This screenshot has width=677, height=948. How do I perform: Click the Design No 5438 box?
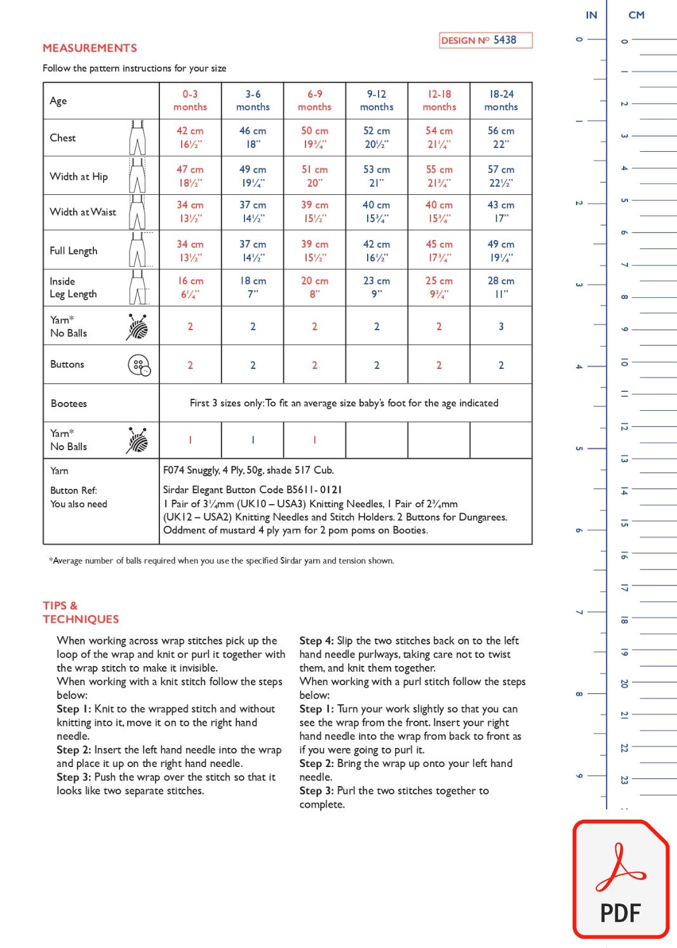tap(486, 40)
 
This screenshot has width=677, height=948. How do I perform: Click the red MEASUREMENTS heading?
tap(90, 48)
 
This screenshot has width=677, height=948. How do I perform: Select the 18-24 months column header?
tap(501, 100)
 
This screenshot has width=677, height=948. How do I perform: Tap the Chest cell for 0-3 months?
tap(190, 137)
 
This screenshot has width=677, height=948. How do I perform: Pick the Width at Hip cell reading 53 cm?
tap(377, 176)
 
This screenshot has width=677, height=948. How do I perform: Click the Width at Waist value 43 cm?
tap(501, 211)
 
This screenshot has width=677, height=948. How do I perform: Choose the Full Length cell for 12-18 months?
tap(439, 251)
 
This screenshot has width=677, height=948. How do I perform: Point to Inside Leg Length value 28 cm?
tap(501, 287)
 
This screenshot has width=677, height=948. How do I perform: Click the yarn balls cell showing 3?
tap(501, 326)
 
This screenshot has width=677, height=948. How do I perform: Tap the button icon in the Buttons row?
tap(139, 365)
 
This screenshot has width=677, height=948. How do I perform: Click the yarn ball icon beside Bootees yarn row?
tap(137, 440)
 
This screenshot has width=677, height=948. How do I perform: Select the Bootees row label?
tap(69, 403)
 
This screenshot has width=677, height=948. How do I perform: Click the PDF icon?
tap(621, 880)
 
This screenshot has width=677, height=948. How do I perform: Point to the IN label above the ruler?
tap(591, 15)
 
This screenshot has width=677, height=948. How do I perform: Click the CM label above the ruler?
tap(636, 15)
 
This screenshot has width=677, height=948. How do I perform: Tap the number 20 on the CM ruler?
tap(624, 683)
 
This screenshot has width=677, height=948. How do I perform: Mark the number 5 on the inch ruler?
tap(579, 448)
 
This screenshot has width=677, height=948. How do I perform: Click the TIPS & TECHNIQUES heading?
tap(81, 612)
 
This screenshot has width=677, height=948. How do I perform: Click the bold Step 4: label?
tap(316, 641)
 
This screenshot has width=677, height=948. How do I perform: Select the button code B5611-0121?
tap(314, 490)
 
